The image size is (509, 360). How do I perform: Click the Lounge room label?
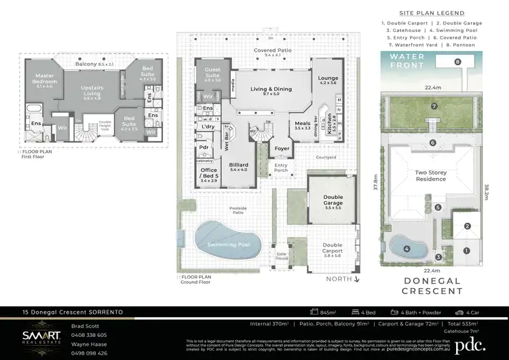click(328, 81)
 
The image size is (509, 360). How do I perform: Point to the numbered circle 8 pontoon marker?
click(457, 61)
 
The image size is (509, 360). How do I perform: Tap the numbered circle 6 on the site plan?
click(432, 143)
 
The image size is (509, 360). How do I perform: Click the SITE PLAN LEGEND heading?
click(432, 13)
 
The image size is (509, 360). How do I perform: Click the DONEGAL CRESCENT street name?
click(432, 285)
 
